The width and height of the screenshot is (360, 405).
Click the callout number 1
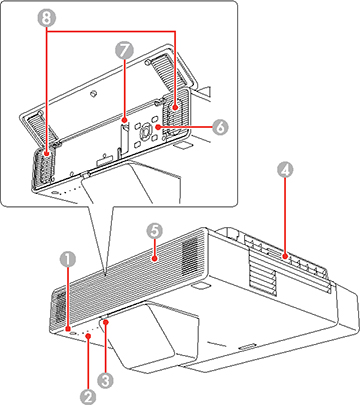click(66, 258)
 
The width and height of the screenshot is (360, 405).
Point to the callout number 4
click(287, 170)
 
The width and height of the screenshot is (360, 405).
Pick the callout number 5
click(153, 230)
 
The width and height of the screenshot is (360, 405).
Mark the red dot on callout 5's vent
click(153, 257)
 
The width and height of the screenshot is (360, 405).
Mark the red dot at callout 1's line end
click(66, 325)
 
